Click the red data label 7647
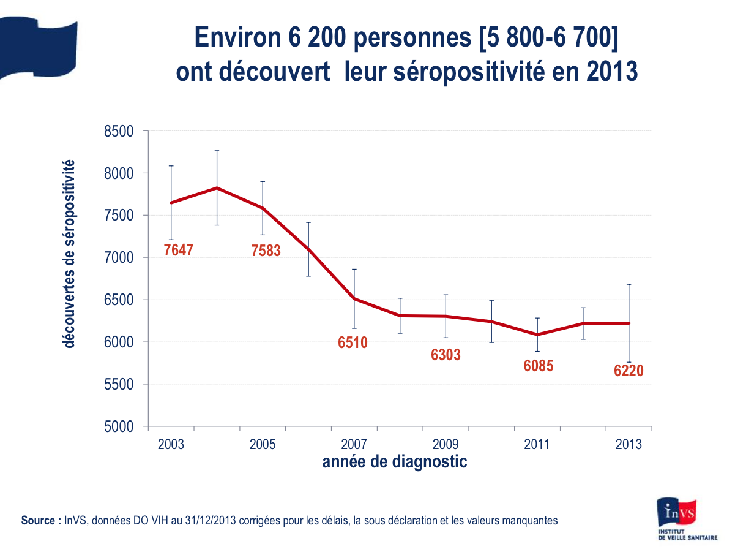pyautogui.click(x=179, y=250)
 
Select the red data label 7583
pyautogui.click(x=266, y=250)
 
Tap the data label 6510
pyautogui.click(x=353, y=342)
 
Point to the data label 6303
pyautogui.click(x=446, y=355)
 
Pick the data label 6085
pyautogui.click(x=539, y=366)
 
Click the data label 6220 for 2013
pyautogui.click(x=629, y=371)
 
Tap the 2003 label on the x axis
pyautogui.click(x=171, y=445)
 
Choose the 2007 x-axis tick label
pyautogui.click(x=354, y=445)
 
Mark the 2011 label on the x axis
pyautogui.click(x=537, y=445)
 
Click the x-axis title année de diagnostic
pyautogui.click(x=395, y=462)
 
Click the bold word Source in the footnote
pyautogui.click(x=40, y=521)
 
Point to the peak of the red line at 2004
pyautogui.click(x=217, y=188)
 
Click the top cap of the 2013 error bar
pyautogui.click(x=629, y=284)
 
